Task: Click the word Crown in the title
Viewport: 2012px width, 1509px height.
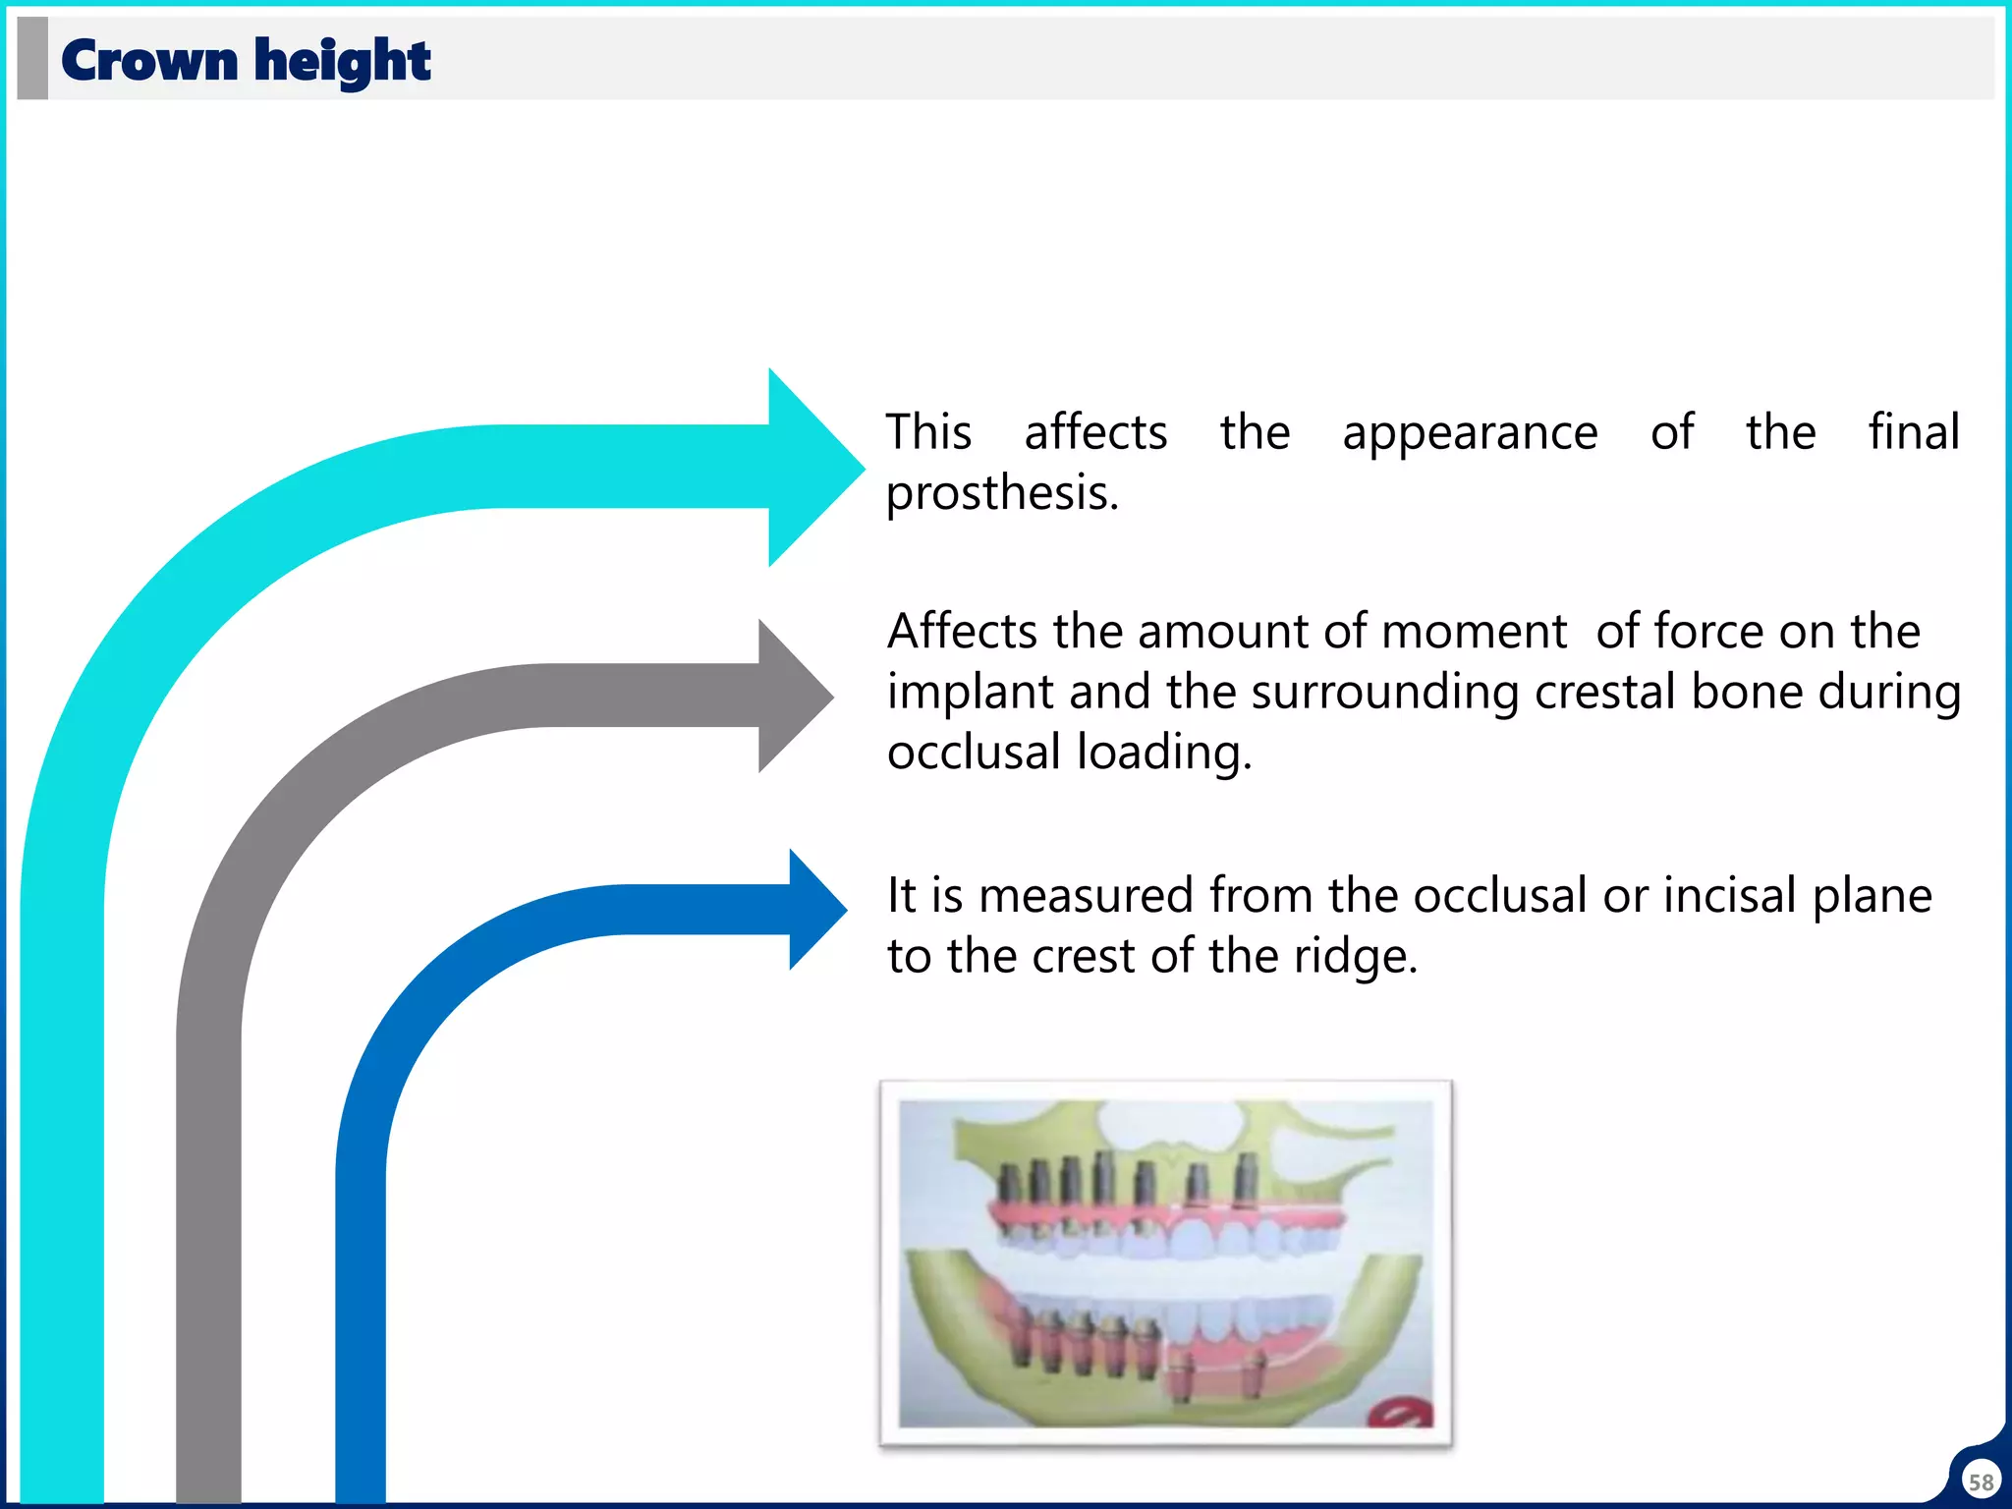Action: pyautogui.click(x=149, y=61)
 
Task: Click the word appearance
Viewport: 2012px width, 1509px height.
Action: pyautogui.click(x=1470, y=434)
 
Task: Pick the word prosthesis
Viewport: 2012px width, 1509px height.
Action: pyautogui.click(x=1001, y=493)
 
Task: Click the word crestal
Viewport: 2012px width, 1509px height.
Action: pyautogui.click(x=1604, y=693)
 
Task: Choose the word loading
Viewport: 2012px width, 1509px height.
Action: pyautogui.click(x=1164, y=754)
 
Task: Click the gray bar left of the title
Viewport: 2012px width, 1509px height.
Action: pyautogui.click(x=32, y=58)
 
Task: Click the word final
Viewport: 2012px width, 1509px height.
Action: pyautogui.click(x=1913, y=432)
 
